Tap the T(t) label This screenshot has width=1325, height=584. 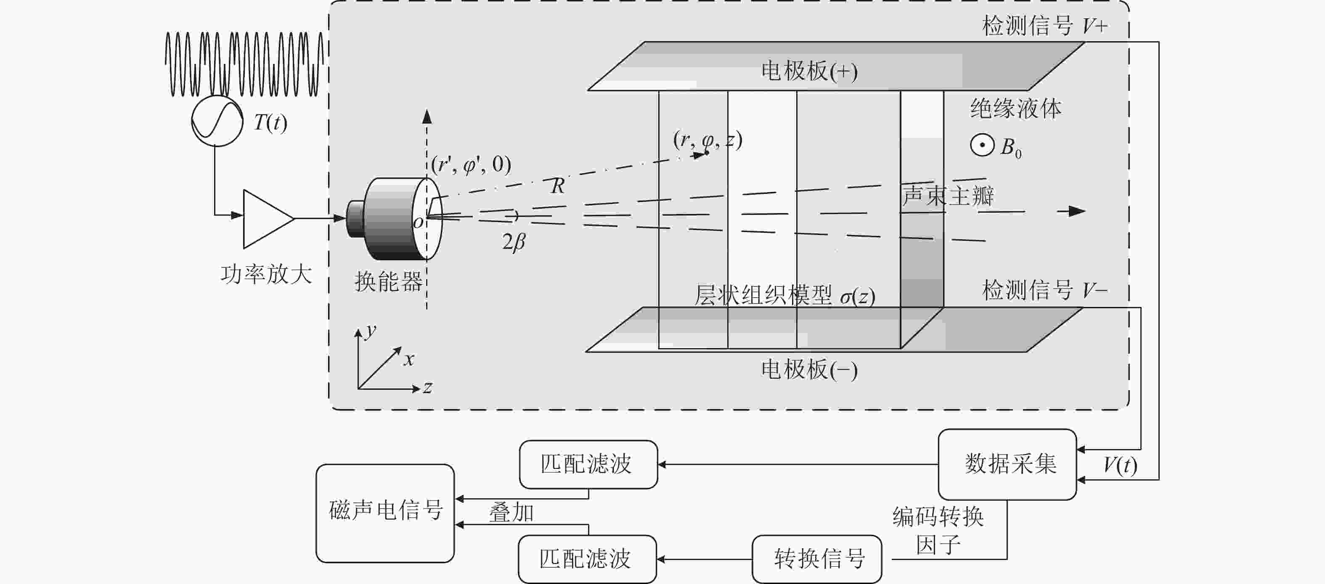[x=270, y=123]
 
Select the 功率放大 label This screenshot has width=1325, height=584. [x=266, y=274]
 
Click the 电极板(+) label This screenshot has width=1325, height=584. [x=809, y=71]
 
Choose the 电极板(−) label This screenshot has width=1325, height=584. [x=809, y=370]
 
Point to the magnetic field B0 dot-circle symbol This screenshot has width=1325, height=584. [x=982, y=145]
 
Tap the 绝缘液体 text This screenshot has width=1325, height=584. [x=1016, y=108]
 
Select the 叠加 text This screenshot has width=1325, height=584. [x=511, y=513]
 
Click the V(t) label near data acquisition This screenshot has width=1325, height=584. [x=1120, y=465]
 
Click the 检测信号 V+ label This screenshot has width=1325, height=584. [x=1045, y=26]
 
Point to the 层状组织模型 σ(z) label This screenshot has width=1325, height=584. [x=785, y=296]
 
